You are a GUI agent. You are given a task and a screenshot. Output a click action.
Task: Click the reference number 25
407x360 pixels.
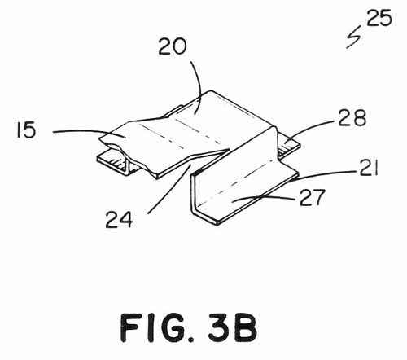379,18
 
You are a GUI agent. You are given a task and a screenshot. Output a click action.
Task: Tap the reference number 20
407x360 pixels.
173,46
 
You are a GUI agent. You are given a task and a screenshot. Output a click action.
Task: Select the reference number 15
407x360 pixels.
26,130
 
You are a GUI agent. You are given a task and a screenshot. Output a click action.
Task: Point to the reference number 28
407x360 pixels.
352,118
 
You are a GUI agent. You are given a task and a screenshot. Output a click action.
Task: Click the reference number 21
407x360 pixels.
369,168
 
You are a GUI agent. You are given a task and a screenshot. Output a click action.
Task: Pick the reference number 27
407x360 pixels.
312,197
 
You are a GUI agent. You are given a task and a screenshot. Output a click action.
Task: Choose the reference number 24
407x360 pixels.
119,219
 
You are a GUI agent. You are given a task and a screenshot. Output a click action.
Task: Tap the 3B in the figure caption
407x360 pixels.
233,327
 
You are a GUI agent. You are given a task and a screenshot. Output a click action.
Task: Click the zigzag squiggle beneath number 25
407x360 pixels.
353,37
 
